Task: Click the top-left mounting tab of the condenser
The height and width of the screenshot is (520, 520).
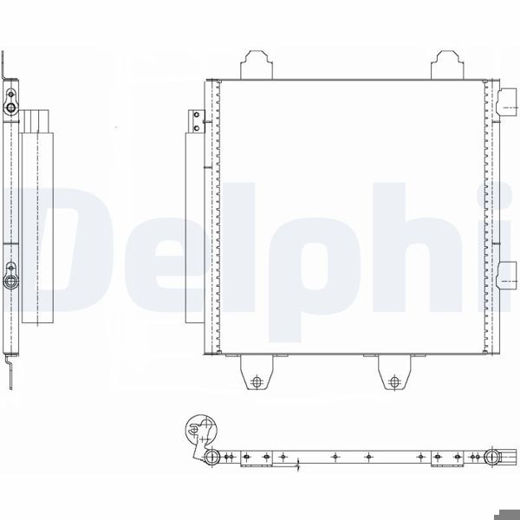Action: coord(257,65)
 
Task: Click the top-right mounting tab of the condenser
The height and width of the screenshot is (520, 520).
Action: coord(447,65)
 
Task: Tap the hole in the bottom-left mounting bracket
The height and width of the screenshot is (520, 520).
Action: coord(257,381)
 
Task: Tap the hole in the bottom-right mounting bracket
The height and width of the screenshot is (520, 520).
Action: coord(394,381)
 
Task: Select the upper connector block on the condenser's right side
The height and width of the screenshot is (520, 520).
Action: coord(506,102)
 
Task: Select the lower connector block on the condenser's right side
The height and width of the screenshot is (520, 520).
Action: coord(506,276)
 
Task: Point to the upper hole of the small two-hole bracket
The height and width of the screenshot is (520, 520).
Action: coord(197,114)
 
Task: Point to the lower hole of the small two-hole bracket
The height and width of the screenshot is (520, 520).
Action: coord(197,127)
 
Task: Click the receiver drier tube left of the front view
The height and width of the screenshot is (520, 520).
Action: coord(195,228)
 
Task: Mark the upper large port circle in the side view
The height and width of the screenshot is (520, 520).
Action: coord(11,107)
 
